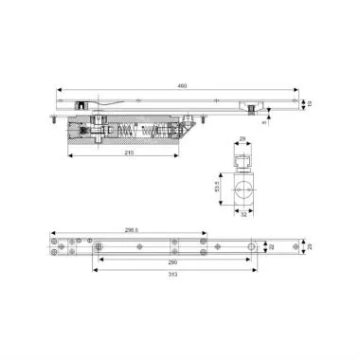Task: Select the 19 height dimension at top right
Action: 310,103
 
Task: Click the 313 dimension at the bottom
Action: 172,274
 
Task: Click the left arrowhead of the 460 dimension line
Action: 59,91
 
